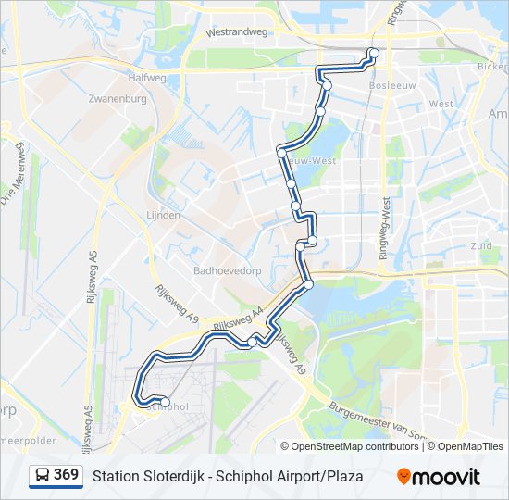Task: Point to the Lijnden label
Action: tap(163, 212)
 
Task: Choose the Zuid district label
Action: tap(481, 246)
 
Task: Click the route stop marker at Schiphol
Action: tap(165, 400)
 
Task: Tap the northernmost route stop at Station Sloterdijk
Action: tap(372, 52)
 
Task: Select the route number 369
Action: tap(66, 475)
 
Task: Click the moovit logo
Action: tap(439, 476)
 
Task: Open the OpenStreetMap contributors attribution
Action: tap(355, 446)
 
